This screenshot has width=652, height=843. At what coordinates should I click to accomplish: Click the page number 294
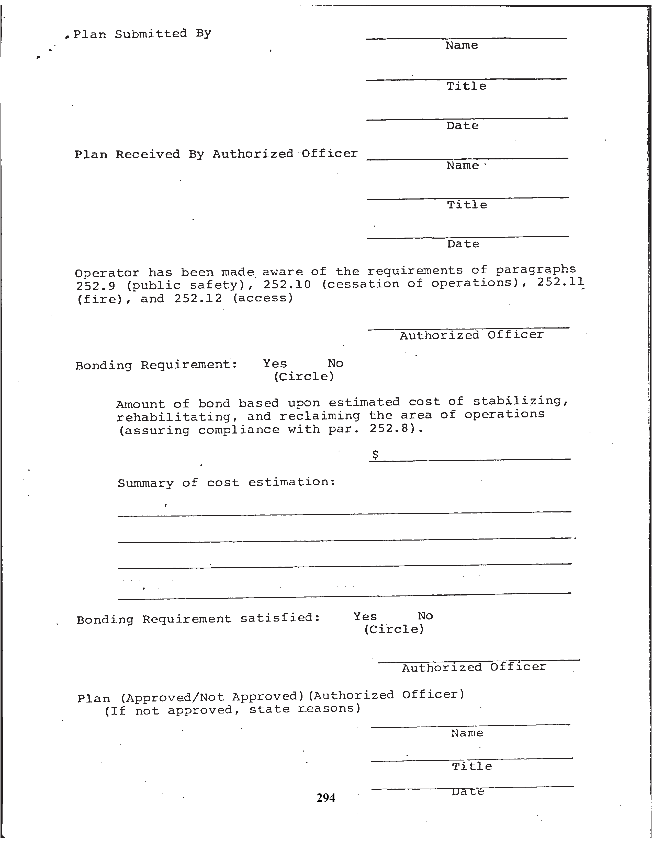point(325,798)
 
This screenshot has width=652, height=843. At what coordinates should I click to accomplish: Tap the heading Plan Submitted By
point(142,34)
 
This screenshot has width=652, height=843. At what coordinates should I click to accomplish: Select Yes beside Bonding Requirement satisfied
point(365,616)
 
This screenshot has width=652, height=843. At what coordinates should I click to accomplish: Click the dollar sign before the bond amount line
point(375,455)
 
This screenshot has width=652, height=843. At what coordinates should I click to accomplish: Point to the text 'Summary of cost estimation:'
point(226,483)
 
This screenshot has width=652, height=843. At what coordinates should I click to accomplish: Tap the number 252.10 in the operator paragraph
point(287,285)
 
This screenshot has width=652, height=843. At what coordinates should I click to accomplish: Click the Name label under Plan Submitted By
point(462,45)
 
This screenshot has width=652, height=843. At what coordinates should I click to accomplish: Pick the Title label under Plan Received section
point(467,205)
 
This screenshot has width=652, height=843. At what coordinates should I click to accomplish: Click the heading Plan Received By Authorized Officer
point(216,154)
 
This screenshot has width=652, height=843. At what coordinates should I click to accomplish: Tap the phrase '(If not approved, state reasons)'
point(232,709)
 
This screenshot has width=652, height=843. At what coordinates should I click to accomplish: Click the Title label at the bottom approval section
point(472,766)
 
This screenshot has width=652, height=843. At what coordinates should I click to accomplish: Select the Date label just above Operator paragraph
point(463,244)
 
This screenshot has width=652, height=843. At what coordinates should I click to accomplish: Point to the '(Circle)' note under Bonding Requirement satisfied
point(394,629)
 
